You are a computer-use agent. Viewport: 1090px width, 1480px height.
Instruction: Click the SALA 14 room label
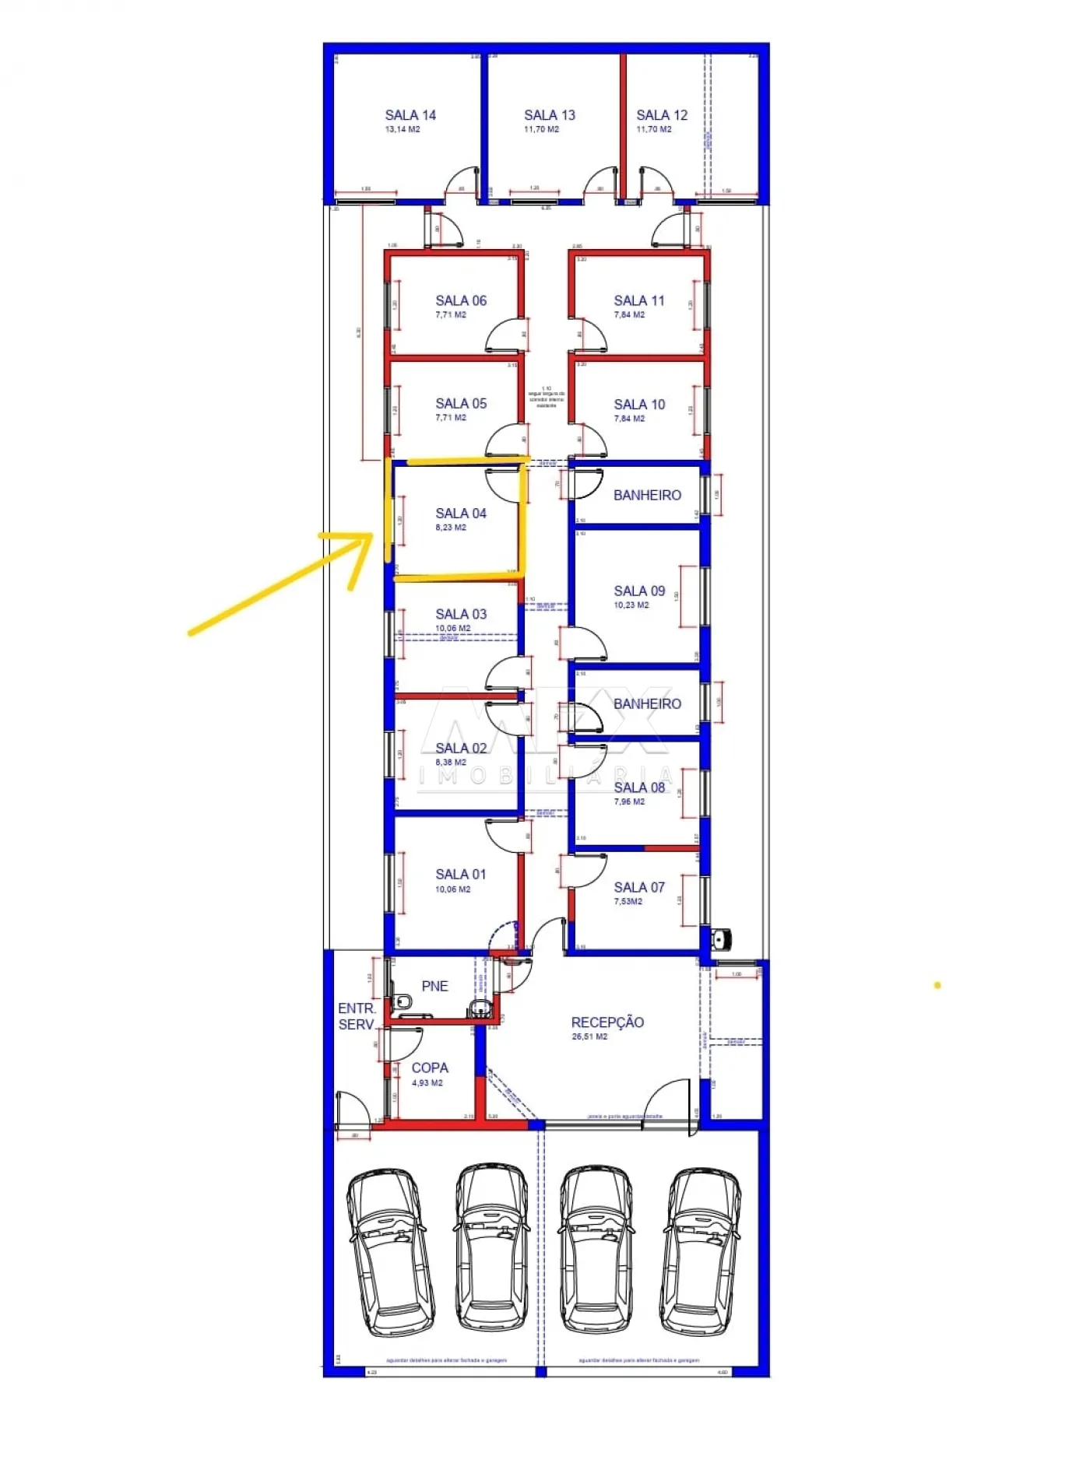click(410, 115)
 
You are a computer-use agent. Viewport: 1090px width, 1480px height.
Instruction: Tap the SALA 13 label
click(549, 115)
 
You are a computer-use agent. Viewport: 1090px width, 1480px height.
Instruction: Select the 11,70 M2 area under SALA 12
click(653, 129)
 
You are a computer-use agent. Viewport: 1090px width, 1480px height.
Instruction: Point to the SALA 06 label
click(461, 300)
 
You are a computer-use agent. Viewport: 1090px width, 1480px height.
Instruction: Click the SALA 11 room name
click(639, 300)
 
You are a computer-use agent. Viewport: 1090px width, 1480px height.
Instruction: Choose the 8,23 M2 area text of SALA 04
click(451, 528)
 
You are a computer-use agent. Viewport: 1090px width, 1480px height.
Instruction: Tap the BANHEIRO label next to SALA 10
click(647, 495)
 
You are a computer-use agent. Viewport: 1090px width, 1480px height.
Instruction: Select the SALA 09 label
click(639, 591)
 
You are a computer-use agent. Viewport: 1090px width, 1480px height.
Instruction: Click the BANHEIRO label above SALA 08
click(647, 703)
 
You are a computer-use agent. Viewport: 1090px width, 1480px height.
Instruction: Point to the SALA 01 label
click(461, 875)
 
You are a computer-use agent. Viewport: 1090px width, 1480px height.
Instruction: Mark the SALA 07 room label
click(639, 887)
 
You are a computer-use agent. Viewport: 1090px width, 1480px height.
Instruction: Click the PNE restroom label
click(434, 986)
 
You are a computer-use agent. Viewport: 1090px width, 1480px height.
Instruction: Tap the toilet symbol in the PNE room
click(403, 1001)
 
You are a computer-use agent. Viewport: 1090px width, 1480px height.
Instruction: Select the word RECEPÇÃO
click(607, 1022)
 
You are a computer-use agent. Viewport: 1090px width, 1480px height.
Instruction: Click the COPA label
click(430, 1068)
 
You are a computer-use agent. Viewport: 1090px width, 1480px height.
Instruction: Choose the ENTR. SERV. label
click(357, 1016)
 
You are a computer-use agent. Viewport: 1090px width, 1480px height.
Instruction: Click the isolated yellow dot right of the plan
click(937, 985)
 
